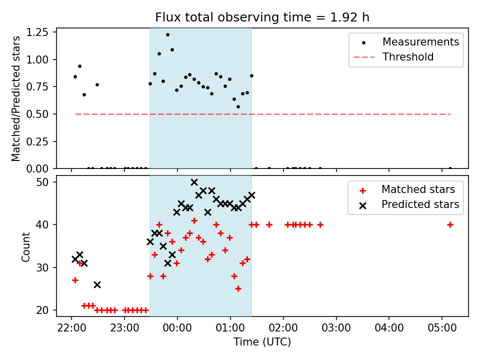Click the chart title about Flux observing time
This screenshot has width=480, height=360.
click(x=262, y=17)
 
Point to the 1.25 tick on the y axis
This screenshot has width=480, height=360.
click(x=40, y=32)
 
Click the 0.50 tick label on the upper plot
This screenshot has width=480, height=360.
click(x=40, y=114)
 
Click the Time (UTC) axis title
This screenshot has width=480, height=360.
click(x=262, y=342)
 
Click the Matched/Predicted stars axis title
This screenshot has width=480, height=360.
click(x=16, y=98)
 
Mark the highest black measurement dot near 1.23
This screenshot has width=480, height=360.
click(x=167, y=35)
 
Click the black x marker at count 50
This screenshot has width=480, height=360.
click(x=194, y=182)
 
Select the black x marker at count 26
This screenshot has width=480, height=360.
click(x=97, y=284)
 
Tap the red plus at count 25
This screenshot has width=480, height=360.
click(x=238, y=288)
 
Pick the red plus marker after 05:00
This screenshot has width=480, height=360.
click(x=450, y=224)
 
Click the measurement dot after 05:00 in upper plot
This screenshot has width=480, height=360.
click(x=450, y=168)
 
